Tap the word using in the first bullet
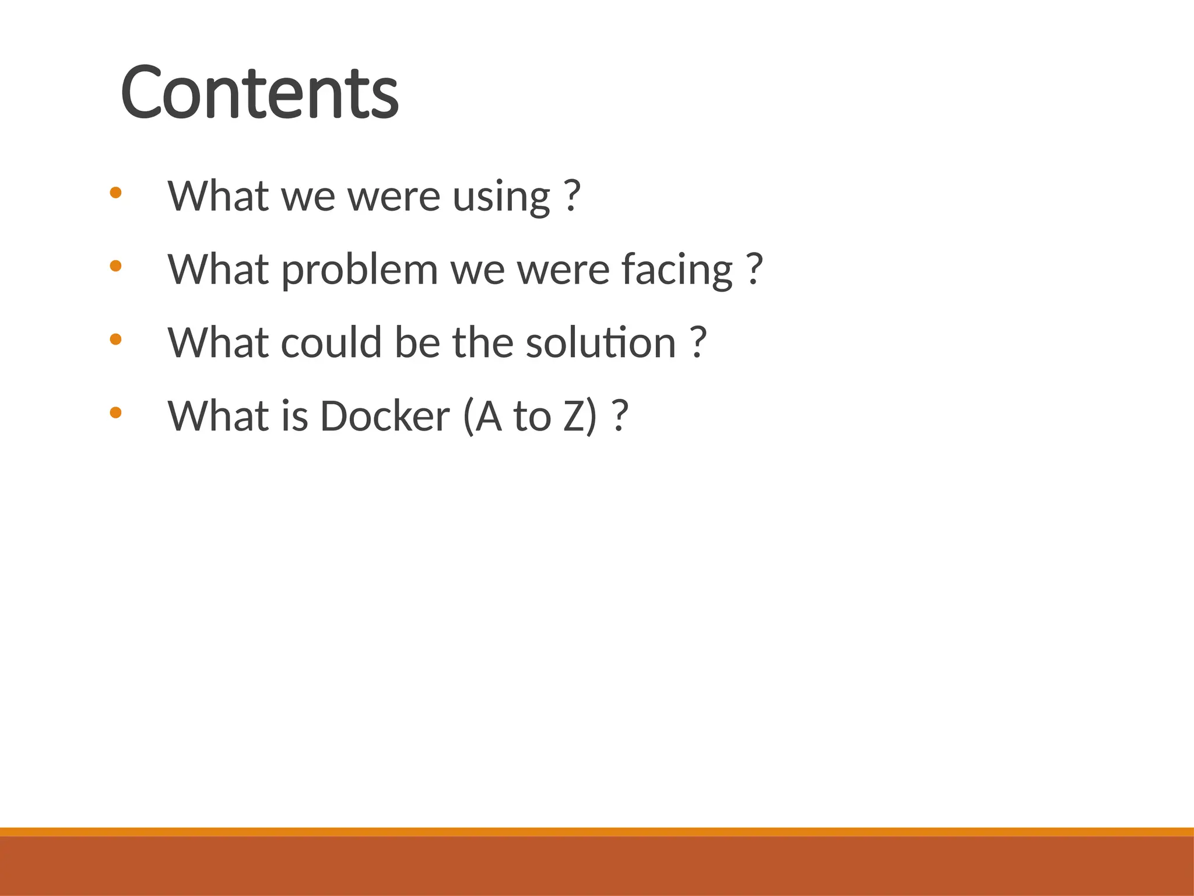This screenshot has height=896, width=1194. [x=501, y=197]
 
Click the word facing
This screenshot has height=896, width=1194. [x=676, y=270]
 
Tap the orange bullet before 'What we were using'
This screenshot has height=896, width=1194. [x=115, y=192]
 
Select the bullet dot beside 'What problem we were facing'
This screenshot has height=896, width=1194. [x=115, y=266]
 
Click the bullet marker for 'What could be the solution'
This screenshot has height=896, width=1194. [x=115, y=339]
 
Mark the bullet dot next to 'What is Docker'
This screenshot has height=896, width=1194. [x=115, y=412]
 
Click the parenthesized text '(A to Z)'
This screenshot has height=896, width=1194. [x=531, y=416]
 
